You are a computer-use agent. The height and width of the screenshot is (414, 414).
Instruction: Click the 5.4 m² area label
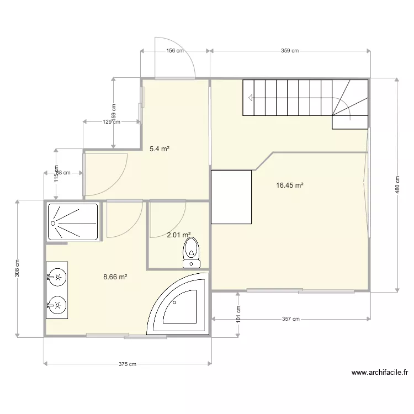click(159, 148)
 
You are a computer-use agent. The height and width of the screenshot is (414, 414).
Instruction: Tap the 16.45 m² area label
click(290, 185)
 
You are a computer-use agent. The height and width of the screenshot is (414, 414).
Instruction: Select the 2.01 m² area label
click(178, 235)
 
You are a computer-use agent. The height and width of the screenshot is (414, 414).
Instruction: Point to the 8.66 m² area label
click(115, 277)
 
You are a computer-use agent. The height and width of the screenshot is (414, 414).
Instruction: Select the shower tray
click(73, 222)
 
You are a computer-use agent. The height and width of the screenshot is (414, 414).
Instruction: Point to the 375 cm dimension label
click(128, 364)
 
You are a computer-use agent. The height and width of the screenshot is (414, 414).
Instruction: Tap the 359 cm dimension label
click(290, 51)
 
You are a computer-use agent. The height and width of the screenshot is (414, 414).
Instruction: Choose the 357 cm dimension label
click(290, 319)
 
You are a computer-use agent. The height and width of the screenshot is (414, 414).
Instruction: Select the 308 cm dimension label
click(18, 268)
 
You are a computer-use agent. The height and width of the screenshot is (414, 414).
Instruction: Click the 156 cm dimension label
click(175, 51)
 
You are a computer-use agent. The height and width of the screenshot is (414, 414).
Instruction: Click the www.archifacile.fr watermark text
click(380, 373)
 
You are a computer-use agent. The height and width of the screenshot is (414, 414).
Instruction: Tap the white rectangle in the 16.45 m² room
click(231, 197)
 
